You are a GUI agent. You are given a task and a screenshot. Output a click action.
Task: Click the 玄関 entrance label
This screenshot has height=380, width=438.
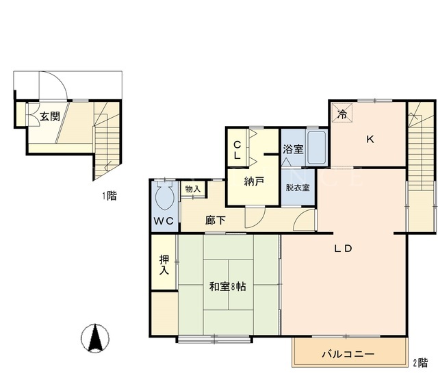(x=50, y=116)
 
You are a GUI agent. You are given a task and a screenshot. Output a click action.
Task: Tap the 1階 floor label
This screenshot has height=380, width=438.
(x=109, y=196)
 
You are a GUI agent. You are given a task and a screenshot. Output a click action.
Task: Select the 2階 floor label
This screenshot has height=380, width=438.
(x=420, y=363)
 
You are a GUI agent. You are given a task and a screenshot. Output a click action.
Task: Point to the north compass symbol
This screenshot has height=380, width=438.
(x=95, y=338)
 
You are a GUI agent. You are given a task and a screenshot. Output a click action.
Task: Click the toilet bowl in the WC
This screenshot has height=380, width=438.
(x=165, y=196)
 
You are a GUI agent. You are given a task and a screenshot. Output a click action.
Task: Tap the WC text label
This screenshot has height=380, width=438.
(x=164, y=221)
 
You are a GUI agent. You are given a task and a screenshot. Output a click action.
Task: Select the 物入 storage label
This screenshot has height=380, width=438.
(x=193, y=189)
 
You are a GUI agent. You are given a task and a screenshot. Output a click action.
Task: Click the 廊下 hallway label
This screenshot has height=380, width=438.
(x=216, y=220)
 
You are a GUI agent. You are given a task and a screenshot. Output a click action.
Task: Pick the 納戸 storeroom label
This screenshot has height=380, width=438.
(x=254, y=181)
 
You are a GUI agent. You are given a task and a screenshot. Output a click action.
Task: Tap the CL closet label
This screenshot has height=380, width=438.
(x=237, y=150)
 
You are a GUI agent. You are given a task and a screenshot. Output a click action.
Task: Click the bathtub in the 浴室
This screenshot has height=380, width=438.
(x=316, y=147)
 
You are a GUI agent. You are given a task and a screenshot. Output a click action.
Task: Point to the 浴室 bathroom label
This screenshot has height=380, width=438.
(x=293, y=149)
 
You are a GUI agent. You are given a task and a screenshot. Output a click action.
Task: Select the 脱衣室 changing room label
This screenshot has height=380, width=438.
(x=298, y=187)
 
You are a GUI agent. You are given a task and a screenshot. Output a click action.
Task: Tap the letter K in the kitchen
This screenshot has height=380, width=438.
(x=370, y=139)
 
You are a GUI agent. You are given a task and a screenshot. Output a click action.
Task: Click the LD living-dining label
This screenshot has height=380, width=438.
(x=343, y=248)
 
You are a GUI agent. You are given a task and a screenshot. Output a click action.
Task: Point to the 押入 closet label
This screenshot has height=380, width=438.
(x=164, y=265)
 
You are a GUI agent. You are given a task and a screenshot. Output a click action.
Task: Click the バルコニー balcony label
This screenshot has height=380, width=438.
(x=348, y=354)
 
